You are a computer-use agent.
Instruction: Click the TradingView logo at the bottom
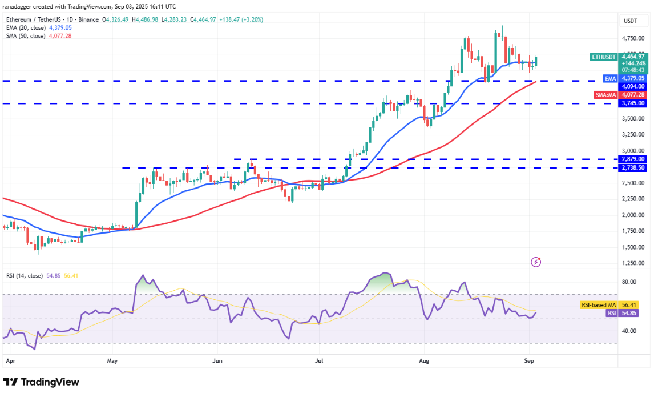pos(41,382)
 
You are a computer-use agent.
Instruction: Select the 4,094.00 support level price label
pos(633,86)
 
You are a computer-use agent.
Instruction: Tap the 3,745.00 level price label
pos(633,103)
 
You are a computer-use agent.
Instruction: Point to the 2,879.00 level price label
pos(633,159)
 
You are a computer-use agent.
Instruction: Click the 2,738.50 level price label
pos(633,167)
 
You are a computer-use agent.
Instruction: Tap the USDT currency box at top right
pos(631,21)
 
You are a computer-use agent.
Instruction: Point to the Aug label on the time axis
pos(423,361)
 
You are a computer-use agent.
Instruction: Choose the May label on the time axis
pos(112,361)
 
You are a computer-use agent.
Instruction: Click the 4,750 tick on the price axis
pos(631,38)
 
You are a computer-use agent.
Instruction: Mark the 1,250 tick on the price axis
pos(631,263)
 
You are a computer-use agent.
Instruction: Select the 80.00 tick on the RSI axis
pos(629,282)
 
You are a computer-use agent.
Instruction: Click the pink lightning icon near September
pos(536,262)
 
